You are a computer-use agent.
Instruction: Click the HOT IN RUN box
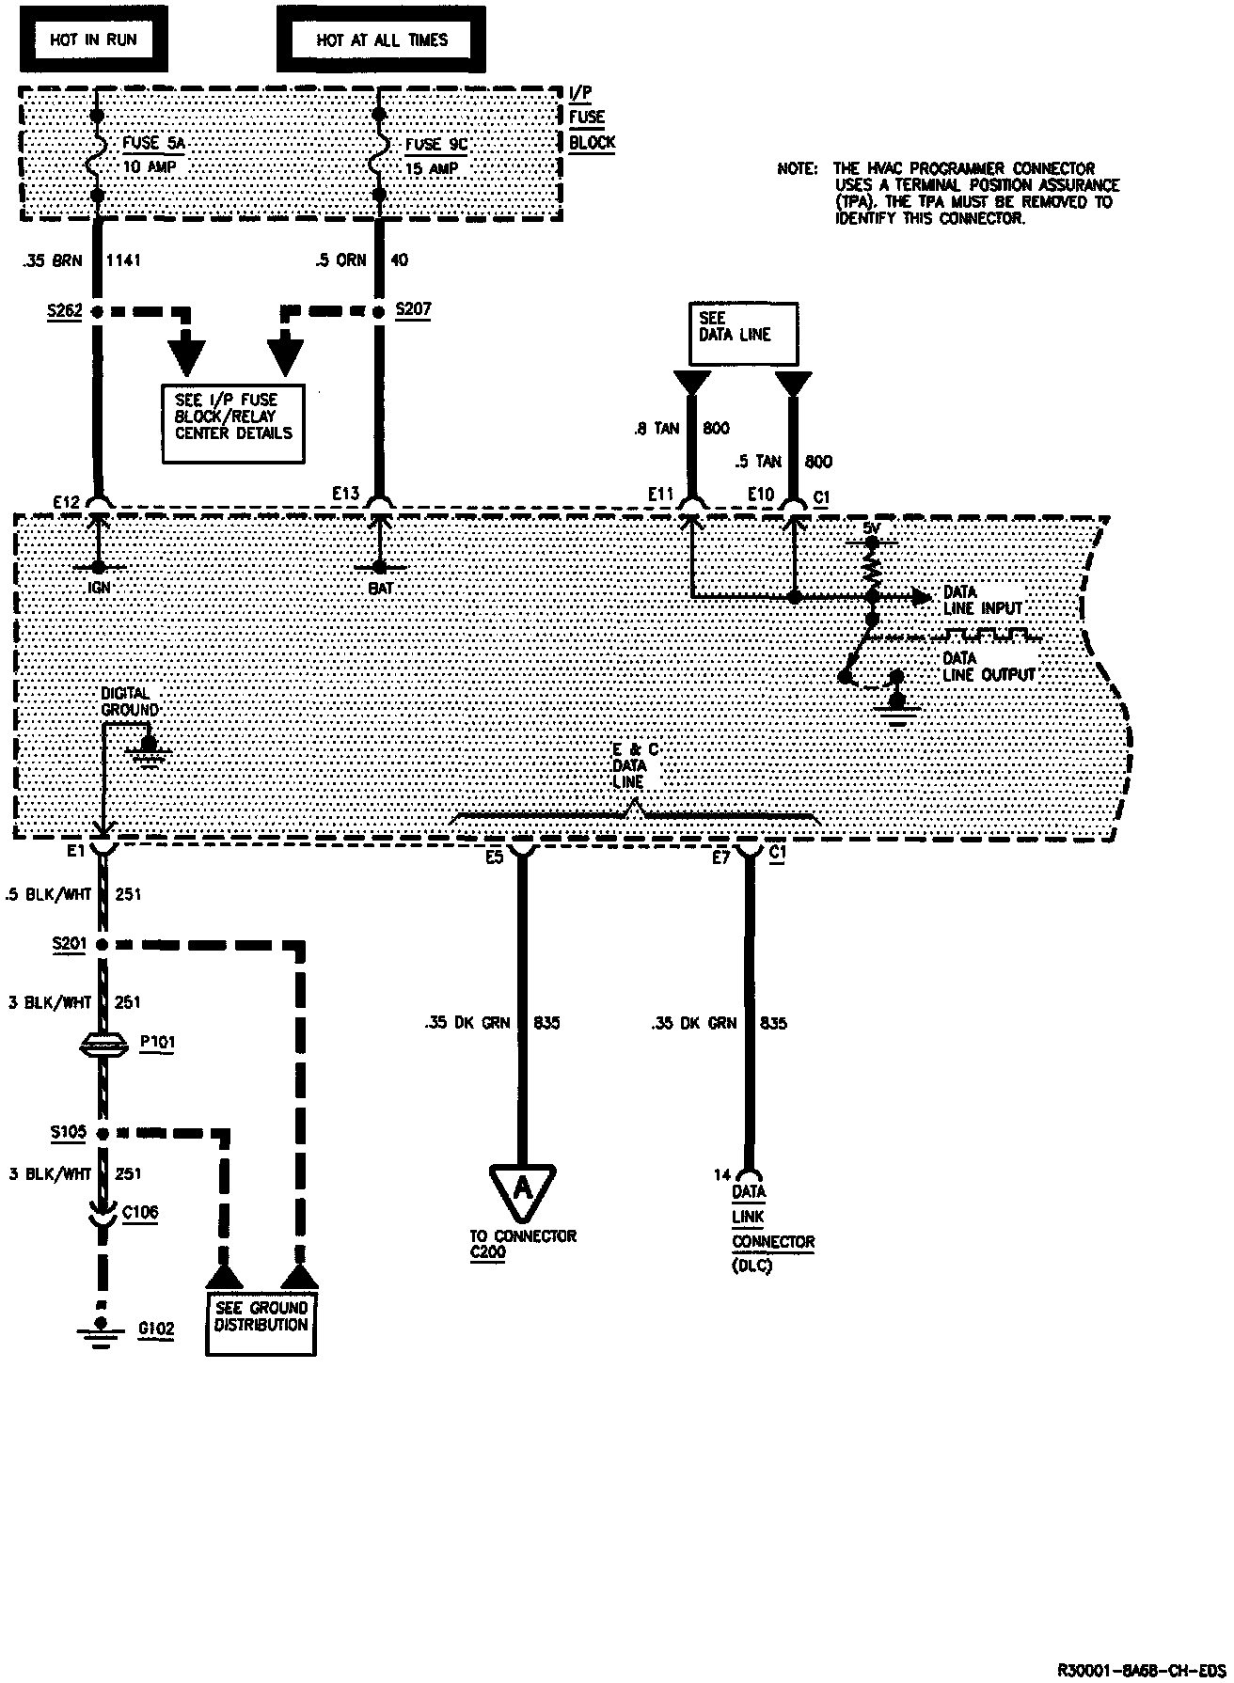click(93, 39)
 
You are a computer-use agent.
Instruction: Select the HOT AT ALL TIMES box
click(381, 39)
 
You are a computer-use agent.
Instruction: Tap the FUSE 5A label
click(153, 144)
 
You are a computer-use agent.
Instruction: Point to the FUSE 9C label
click(435, 145)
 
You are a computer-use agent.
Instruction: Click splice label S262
click(64, 310)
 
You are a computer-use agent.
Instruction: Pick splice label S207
click(413, 308)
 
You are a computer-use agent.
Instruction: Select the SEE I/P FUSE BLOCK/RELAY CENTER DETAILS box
click(233, 423)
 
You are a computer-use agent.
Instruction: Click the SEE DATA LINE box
click(743, 334)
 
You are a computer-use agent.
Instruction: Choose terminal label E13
click(345, 493)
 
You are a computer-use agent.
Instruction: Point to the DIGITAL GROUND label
click(129, 701)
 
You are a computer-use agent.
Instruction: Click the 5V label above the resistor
click(873, 529)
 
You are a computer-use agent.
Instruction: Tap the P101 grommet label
click(156, 1042)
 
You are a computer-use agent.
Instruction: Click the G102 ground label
click(155, 1329)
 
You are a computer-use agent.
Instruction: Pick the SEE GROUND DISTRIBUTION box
click(261, 1324)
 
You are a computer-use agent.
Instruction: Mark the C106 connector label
click(140, 1212)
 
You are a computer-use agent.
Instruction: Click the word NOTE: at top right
click(797, 169)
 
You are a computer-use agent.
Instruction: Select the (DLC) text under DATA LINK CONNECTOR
click(751, 1266)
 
